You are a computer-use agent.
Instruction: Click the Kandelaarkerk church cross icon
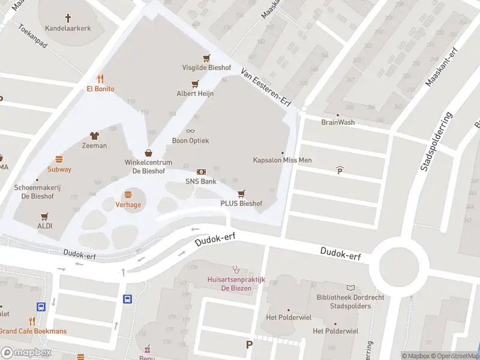click(68, 18)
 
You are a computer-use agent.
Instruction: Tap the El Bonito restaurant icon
click(100, 78)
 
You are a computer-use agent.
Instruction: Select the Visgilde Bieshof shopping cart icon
click(206, 58)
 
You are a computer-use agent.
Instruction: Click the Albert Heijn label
click(194, 94)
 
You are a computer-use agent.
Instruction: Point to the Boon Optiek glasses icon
click(191, 131)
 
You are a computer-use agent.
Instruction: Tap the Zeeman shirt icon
click(94, 136)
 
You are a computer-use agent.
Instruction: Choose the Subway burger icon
click(59, 159)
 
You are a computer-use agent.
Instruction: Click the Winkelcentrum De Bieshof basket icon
click(148, 153)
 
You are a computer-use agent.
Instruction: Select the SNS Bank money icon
click(201, 172)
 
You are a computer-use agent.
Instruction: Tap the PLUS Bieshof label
click(241, 203)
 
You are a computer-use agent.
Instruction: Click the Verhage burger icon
click(128, 194)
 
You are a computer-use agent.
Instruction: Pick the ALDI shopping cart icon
click(44, 216)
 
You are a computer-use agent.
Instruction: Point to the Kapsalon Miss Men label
click(282, 160)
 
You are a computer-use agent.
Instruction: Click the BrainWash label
click(338, 122)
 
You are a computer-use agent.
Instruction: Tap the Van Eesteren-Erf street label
click(265, 87)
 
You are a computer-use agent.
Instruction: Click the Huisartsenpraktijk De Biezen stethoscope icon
click(236, 269)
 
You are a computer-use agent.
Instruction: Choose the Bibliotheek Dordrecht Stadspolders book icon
click(351, 287)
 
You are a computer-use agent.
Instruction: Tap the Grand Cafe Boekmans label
click(33, 331)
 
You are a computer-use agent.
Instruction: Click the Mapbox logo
click(26, 353)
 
